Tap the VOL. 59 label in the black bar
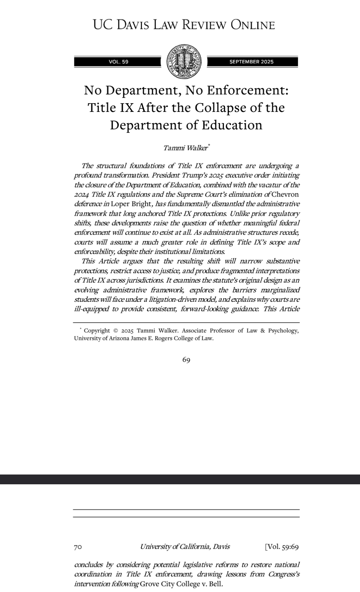[x=119, y=62]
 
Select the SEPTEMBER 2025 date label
[x=252, y=62]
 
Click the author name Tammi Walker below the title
[x=185, y=148]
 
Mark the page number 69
[x=186, y=360]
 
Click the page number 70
[x=78, y=547]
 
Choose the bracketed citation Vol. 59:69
[x=282, y=547]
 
